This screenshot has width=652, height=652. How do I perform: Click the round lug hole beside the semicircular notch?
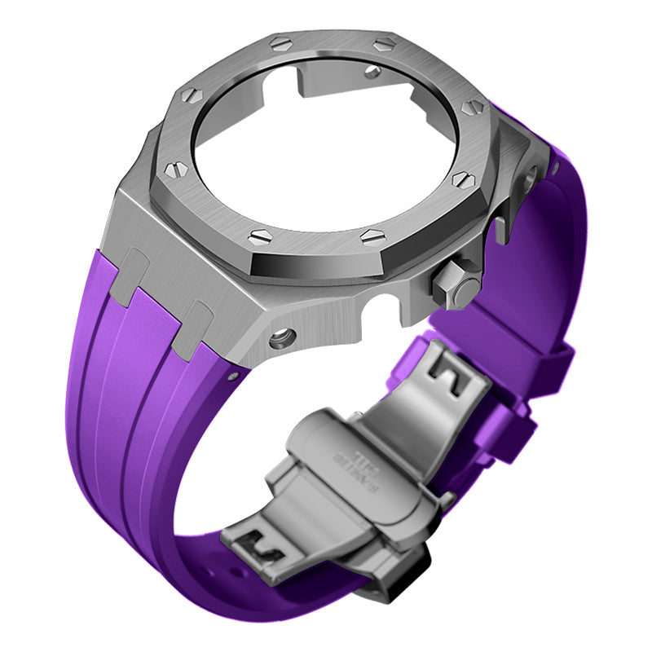point(284,334)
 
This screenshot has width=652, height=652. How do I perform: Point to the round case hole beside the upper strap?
point(531,172)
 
